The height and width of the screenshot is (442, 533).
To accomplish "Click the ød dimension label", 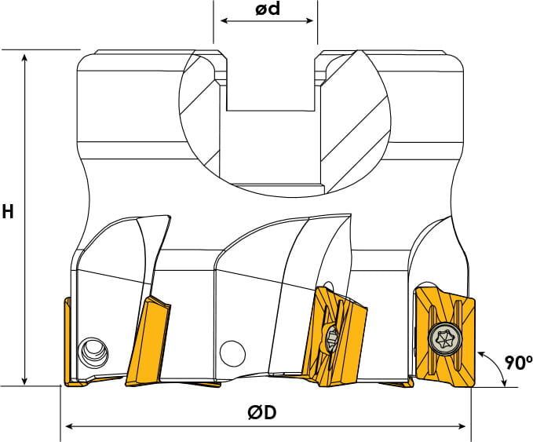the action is point(268,9).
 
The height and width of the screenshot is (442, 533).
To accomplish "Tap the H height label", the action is point(8,211).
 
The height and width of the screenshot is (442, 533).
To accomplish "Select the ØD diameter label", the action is point(261,413).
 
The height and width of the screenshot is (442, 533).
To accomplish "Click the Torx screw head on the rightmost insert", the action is point(445,338).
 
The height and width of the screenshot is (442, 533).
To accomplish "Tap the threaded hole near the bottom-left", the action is point(93,352).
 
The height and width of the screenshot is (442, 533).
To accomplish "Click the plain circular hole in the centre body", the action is point(232,353).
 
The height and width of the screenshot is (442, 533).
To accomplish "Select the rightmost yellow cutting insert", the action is point(445,338).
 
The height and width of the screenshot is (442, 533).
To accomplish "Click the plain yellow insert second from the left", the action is point(148,341).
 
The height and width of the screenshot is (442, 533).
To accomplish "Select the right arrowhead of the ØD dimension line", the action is point(462,426).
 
